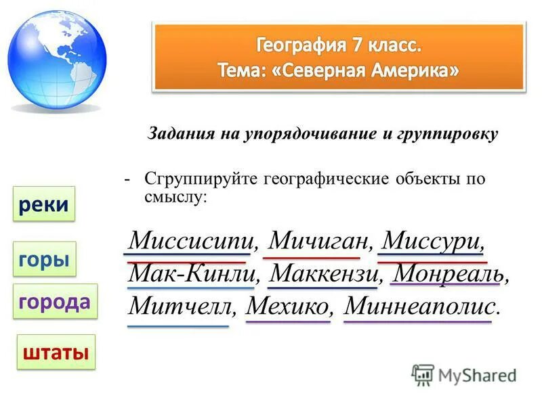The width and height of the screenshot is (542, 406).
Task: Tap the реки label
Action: coord(44,204)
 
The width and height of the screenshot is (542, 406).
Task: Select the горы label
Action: coord(44,259)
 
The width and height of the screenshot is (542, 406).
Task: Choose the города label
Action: coord(55,302)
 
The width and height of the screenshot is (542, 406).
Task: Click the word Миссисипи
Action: coord(192,240)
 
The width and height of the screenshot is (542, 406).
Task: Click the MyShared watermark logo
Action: coord(464,375)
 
